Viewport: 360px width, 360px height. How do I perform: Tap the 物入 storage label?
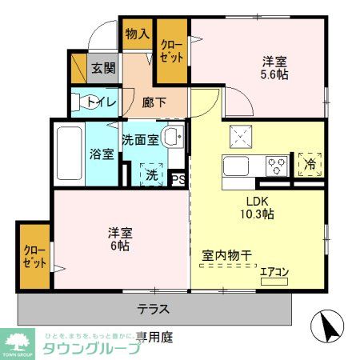(137, 34)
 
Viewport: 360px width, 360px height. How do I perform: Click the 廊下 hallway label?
(154, 102)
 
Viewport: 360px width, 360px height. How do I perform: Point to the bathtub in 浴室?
(70, 153)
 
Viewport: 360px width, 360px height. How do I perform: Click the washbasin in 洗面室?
(170, 137)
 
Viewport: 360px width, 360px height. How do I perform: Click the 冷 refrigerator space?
(309, 164)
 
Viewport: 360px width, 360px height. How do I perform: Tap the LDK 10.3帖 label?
(255, 208)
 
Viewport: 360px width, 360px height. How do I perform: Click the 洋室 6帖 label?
(120, 241)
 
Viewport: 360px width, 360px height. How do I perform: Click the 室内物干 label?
(226, 255)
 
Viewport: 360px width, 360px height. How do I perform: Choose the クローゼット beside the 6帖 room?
(34, 257)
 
